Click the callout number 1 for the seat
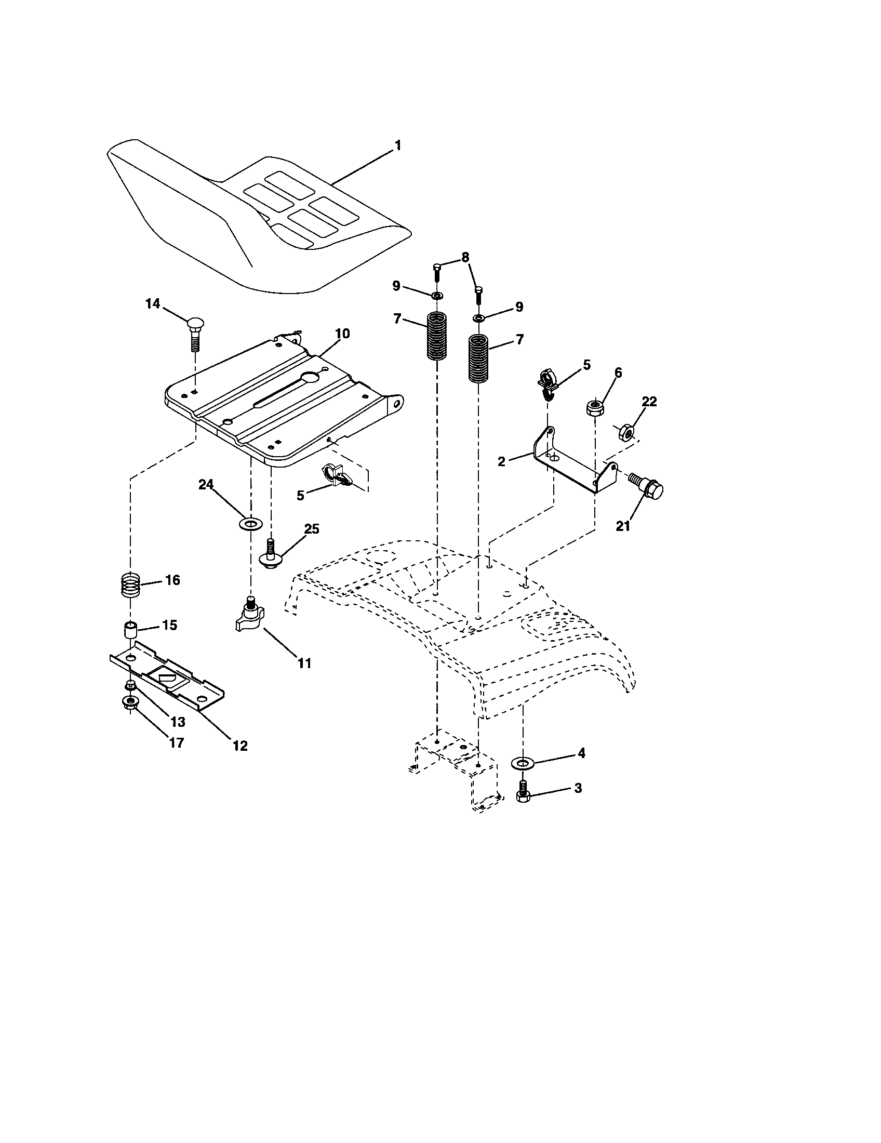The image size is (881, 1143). point(397,145)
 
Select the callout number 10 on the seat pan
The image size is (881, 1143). point(342,334)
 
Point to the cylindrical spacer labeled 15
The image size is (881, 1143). point(130,629)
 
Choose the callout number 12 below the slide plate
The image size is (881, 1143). point(240,746)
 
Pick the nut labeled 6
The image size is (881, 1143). point(594,408)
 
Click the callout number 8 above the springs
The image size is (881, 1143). point(465,258)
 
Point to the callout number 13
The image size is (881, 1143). point(178,722)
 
